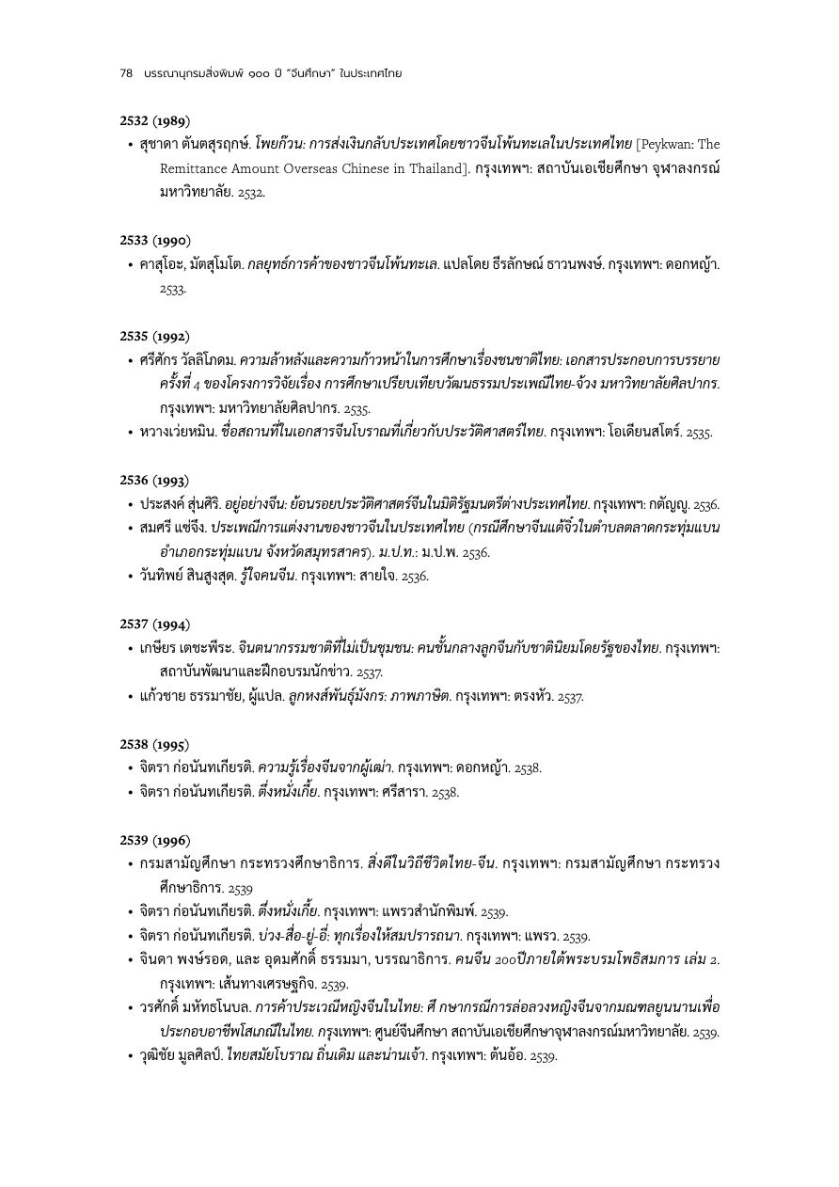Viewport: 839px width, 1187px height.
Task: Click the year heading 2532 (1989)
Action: [x=155, y=120]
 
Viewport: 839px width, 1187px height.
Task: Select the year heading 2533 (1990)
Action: [x=155, y=241]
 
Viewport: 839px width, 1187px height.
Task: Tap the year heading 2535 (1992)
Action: [x=155, y=336]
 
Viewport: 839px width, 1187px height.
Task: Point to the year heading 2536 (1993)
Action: [x=155, y=480]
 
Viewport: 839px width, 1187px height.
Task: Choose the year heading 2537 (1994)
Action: [x=155, y=624]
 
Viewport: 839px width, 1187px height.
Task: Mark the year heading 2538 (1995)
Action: [x=155, y=743]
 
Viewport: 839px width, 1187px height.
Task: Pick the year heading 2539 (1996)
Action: [x=155, y=839]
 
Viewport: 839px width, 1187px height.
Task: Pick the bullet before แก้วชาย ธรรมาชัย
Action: [x=130, y=696]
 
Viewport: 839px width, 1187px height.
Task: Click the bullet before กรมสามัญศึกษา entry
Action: [x=130, y=863]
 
